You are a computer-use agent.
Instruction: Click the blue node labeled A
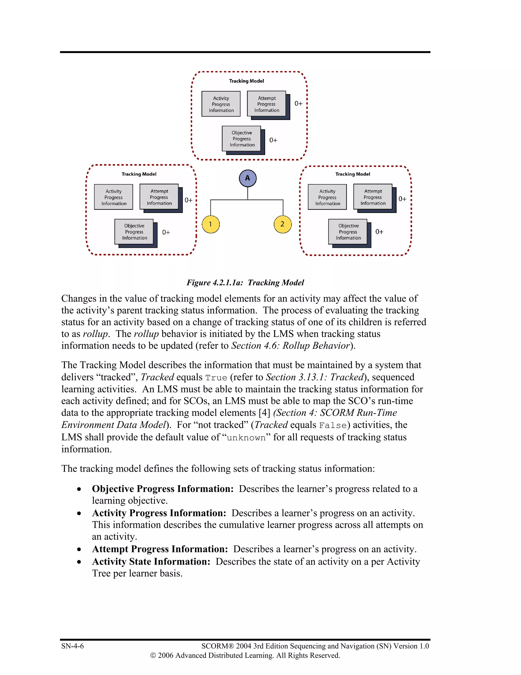pos(248,178)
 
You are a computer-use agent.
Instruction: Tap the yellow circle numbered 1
pos(210,224)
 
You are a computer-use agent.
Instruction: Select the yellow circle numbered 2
pos(282,224)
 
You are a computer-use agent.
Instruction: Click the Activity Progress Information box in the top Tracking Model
pos(221,104)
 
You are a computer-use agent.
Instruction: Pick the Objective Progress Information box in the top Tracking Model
pos(242,139)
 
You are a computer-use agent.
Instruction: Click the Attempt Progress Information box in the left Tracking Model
pos(159,197)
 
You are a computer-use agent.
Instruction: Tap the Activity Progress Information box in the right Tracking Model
pos(327,197)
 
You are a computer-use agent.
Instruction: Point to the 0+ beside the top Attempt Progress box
pos(298,103)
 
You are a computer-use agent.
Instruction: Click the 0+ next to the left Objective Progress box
pos(166,232)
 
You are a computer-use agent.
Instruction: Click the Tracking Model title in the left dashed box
pos(139,174)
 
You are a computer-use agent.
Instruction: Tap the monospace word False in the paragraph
pos(333,425)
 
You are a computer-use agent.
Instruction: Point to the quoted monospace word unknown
pos(246,438)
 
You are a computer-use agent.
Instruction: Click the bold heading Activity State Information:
pos(151,561)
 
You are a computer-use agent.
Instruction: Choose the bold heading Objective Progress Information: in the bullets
pos(163,489)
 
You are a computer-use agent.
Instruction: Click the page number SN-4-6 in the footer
pos(73,646)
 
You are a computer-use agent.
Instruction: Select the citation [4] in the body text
pos(265,413)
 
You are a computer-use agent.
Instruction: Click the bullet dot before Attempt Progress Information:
pos(79,549)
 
